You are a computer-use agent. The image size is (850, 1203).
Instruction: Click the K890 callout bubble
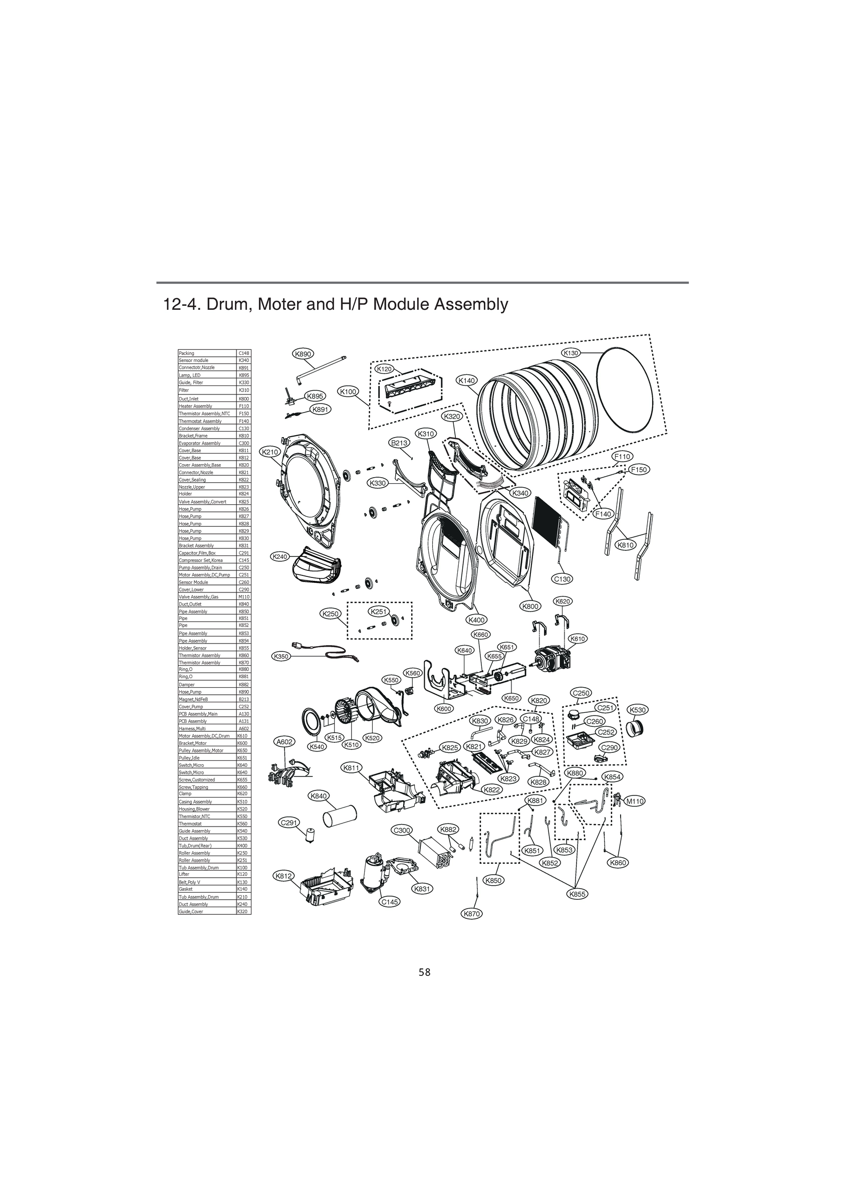point(303,354)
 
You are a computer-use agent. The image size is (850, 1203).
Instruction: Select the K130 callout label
point(571,353)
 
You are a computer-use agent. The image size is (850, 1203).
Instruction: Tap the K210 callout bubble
point(271,452)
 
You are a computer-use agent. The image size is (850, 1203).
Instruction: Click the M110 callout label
point(635,801)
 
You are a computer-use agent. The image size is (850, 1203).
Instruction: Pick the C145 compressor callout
point(389,902)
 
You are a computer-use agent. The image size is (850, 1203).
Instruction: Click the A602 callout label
point(285,741)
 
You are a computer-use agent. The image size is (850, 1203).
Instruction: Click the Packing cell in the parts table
point(207,353)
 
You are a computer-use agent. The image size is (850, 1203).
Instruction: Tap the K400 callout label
point(476,620)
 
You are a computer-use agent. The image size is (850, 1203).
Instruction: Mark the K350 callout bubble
point(280,656)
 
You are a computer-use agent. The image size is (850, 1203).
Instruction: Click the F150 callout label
point(639,470)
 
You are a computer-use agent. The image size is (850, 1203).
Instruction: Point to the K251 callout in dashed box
point(378,612)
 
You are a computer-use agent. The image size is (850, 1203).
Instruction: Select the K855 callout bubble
point(577,894)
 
